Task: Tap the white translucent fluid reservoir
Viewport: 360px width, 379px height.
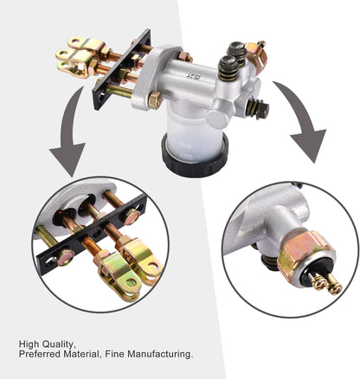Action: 194,137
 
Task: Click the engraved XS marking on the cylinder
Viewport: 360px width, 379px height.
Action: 192,76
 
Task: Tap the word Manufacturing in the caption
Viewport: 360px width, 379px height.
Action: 160,355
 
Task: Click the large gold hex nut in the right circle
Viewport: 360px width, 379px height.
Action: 306,253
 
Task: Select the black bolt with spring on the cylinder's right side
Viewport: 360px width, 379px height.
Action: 258,107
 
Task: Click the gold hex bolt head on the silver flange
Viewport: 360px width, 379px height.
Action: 155,100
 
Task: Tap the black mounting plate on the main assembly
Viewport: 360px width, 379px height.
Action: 121,70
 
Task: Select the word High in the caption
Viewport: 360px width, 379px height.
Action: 29,344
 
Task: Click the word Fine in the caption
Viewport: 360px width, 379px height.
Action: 115,354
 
